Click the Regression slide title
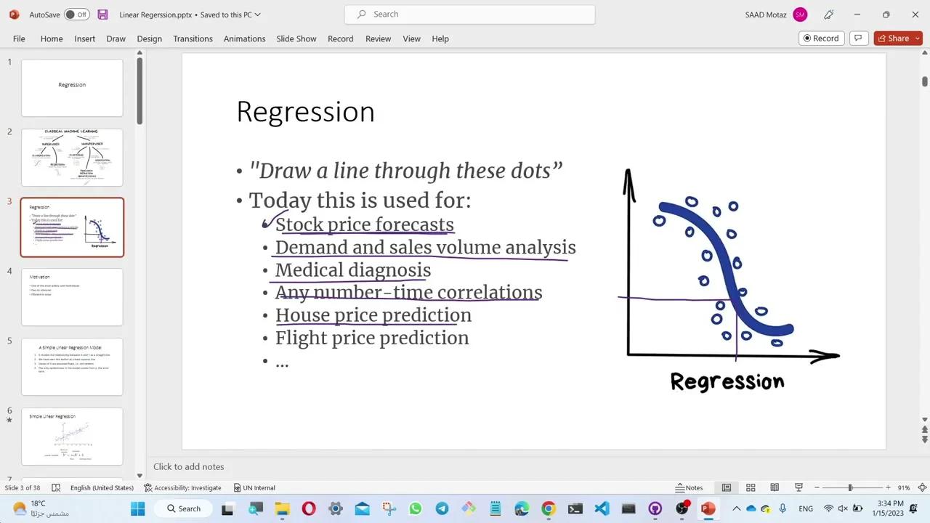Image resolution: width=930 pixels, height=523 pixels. pos(305,112)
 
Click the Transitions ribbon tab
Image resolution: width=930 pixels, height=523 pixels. pos(193,38)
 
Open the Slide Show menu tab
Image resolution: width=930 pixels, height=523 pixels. pos(296,38)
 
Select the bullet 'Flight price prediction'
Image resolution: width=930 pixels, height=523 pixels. pos(371,338)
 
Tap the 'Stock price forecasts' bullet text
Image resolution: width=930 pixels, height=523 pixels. pos(364,224)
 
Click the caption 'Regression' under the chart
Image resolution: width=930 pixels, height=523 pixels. pos(727,381)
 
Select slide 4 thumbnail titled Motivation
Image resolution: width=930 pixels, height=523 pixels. pos(72,296)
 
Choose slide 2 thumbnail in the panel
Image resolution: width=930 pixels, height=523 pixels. pos(72,157)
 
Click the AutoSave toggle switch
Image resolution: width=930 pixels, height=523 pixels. pos(76,15)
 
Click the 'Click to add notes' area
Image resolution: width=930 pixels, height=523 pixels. pos(189,466)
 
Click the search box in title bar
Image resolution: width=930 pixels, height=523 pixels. pos(470,14)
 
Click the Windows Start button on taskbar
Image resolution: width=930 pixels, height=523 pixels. pos(137,508)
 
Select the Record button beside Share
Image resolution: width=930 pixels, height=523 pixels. pos(820,38)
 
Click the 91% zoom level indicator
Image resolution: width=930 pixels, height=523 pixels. pos(903,487)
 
